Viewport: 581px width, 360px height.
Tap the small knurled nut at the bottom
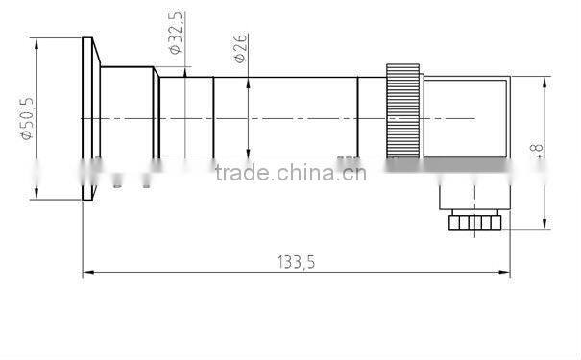(474, 224)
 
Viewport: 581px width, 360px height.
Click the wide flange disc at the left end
(89, 119)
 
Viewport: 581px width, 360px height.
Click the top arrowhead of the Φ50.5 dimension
(36, 41)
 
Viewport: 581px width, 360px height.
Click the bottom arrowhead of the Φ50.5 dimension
(36, 197)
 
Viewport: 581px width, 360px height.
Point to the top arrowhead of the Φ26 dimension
(249, 81)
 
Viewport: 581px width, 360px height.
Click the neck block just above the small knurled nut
(473, 200)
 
